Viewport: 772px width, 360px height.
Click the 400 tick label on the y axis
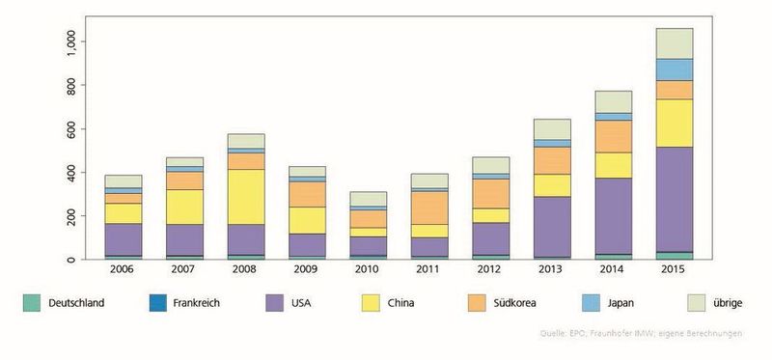click(x=69, y=173)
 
